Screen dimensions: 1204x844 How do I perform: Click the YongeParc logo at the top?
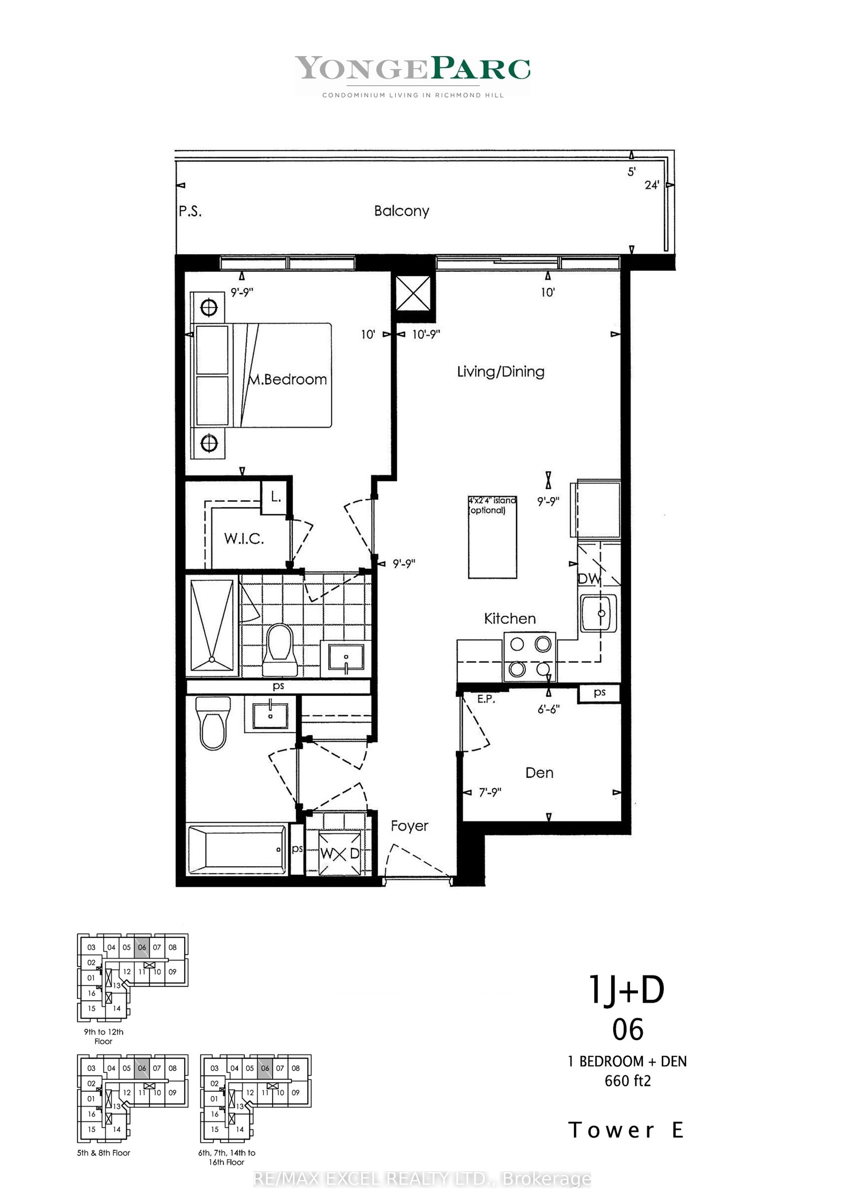click(412, 75)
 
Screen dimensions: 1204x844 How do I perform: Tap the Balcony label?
click(402, 211)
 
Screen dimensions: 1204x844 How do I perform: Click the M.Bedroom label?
click(288, 379)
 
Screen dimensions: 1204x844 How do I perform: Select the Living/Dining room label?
click(500, 372)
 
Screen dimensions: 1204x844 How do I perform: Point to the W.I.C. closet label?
click(244, 538)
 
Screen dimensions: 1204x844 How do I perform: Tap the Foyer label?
click(409, 826)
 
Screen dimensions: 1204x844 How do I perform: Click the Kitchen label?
click(509, 619)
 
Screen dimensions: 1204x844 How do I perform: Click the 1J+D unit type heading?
click(627, 989)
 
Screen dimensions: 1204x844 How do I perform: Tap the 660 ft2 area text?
click(628, 1081)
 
